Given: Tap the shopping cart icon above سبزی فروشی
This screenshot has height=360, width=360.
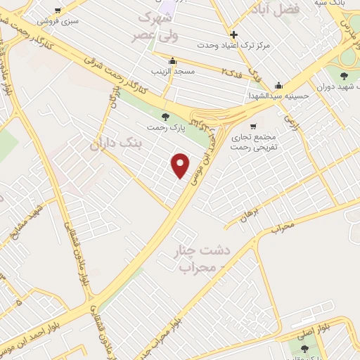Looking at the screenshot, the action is point(58,10).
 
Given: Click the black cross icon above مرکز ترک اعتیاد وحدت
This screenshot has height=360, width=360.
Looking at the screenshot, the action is point(233,34).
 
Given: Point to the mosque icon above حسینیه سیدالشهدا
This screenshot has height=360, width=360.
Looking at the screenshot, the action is point(279,84).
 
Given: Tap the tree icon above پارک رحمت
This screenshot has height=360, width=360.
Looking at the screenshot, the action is point(166,117).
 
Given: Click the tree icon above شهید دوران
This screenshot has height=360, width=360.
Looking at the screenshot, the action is point(344,76).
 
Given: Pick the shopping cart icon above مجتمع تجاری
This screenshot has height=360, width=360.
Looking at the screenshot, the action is point(254,126).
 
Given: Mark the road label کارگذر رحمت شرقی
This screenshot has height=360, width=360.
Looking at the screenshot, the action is point(122,71).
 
